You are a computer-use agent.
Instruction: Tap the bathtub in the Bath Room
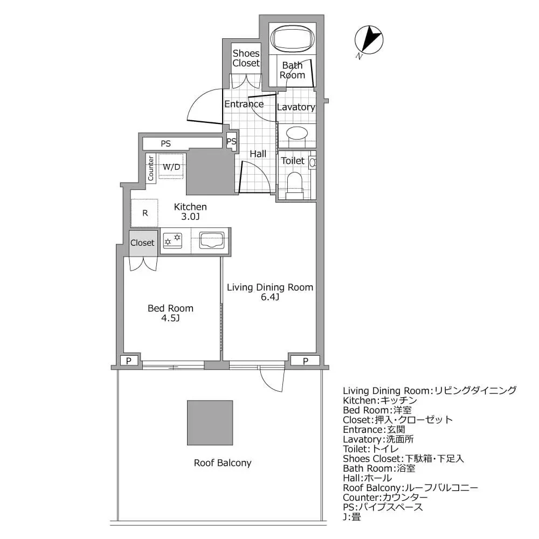pos(292,38)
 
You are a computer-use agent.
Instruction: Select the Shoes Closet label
pos(246,58)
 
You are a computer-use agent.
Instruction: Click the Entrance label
pos(244,104)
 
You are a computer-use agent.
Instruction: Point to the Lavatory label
pos(295,107)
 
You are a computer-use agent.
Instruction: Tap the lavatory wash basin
pos(296,133)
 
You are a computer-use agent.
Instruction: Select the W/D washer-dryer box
pos(172,167)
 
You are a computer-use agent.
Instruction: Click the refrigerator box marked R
pos(144,212)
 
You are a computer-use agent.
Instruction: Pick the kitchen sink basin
pos(212,240)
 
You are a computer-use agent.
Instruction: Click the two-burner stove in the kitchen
pos(173,240)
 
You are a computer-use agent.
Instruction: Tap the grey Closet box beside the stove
pos(142,243)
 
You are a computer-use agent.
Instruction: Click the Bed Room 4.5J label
pos(170,313)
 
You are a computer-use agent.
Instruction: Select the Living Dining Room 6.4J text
pos(269,292)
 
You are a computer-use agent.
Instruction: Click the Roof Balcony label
pos(223,463)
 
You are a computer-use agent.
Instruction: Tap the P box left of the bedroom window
pos(128,361)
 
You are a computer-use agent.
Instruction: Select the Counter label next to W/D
pos(151,168)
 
